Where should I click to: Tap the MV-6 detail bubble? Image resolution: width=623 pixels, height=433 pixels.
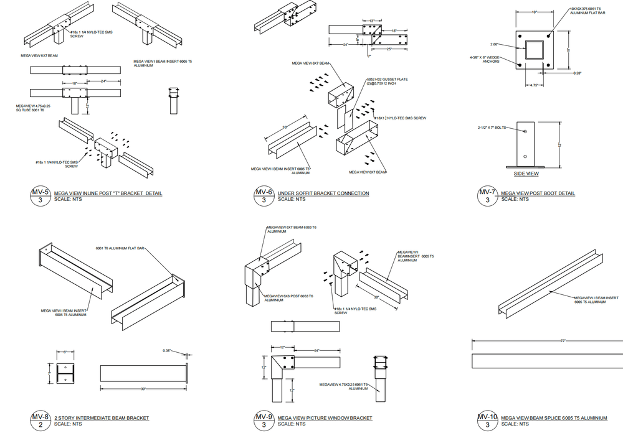[x=264, y=196]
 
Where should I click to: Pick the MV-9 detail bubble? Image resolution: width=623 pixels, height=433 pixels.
[x=264, y=421]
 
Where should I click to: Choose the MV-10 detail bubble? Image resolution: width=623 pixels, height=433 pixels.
[x=487, y=421]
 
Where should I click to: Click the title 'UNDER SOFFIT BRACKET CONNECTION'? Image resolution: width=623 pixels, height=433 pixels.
[x=323, y=193]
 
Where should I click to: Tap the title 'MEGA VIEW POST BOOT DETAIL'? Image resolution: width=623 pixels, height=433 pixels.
[x=538, y=193]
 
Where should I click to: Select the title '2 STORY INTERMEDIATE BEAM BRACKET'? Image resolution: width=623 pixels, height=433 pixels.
[x=102, y=418]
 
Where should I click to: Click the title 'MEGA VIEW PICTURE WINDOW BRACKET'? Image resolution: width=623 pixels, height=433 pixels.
[x=325, y=418]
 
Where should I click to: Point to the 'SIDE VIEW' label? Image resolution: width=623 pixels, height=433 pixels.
[x=526, y=174]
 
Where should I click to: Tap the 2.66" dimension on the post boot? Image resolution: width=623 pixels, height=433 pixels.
[x=495, y=44]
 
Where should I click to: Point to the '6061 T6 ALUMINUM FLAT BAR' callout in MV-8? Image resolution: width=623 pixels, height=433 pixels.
[x=120, y=248]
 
